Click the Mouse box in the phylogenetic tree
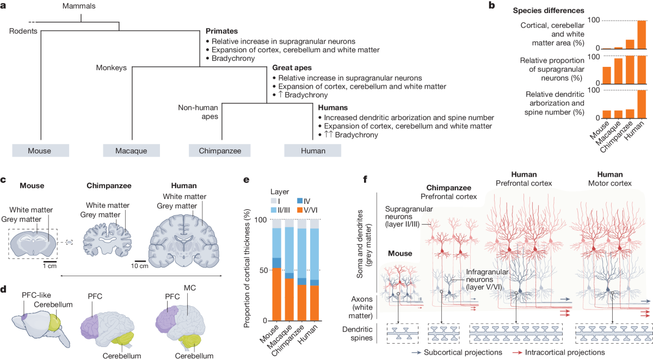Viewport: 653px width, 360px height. click(x=41, y=150)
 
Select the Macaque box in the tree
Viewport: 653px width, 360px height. click(x=132, y=150)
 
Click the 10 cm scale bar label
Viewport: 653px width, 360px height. click(x=140, y=266)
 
